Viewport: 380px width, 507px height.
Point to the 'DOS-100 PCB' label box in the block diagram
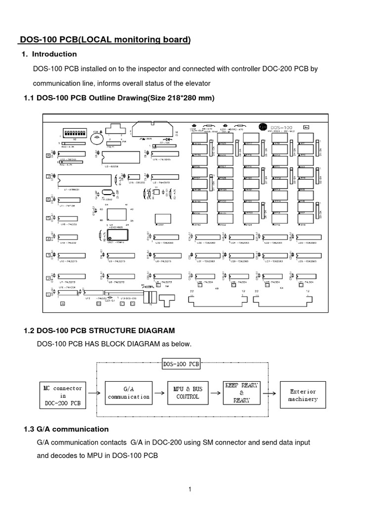pos(181,364)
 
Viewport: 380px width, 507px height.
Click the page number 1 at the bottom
pos(190,490)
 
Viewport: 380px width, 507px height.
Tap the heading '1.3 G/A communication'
pos(66,429)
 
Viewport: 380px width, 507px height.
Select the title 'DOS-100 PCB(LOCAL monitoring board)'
pos(104,40)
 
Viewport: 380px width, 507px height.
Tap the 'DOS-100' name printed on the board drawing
pos(281,127)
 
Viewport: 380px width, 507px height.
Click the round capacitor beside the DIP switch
pos(96,139)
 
